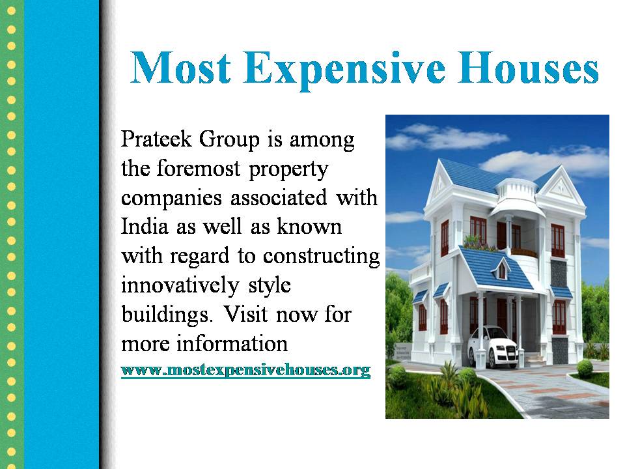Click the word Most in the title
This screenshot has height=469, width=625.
click(180, 67)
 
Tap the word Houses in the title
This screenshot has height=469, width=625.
click(529, 67)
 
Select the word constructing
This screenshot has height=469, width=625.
click(321, 257)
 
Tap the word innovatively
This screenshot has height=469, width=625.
click(180, 286)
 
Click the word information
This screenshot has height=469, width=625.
click(232, 343)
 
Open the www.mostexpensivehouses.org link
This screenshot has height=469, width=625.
click(245, 370)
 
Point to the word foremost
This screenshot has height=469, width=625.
click(199, 168)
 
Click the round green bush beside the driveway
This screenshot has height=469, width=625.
click(585, 368)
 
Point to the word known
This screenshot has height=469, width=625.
click(309, 226)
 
